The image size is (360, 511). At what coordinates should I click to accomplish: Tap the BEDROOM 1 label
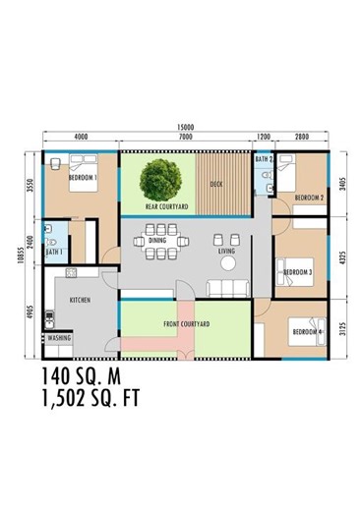point(81,179)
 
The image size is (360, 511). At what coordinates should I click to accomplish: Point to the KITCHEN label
point(80,299)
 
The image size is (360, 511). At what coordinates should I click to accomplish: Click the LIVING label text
point(227,252)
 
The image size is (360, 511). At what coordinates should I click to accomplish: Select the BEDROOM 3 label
point(296,272)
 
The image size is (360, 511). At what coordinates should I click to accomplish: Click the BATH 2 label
point(263,159)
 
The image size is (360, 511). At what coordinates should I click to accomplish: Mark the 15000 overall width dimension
point(184,127)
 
